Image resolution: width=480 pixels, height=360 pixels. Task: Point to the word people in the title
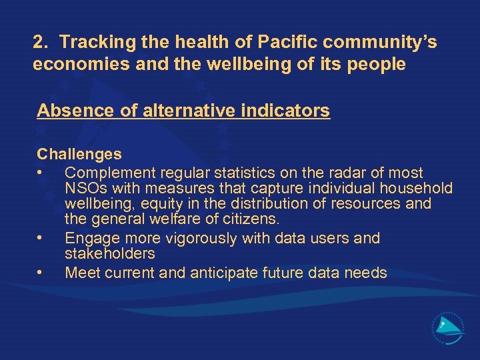point(379,65)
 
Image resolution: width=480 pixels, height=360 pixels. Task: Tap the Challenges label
point(79,155)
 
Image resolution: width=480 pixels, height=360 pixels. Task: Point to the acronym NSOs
point(85,189)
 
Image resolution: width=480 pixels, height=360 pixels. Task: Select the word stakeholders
point(109,253)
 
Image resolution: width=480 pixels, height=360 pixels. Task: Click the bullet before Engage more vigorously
point(41,238)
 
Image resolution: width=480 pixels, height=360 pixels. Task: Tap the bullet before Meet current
point(41,273)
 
